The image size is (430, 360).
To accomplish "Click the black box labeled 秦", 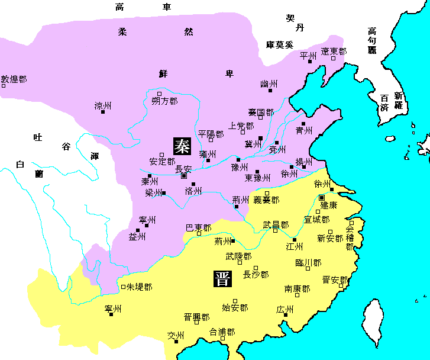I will coord(182,146).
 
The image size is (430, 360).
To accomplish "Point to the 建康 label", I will coord(329,205).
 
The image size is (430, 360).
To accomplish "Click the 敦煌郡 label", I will coord(14,79).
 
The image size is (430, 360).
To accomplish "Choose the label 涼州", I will coord(103,106).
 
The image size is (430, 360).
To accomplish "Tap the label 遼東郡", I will coord(334,52).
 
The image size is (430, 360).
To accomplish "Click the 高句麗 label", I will coord(372,40).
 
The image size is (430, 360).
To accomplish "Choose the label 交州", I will coord(176,336).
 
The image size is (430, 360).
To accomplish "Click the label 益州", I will coord(137,237).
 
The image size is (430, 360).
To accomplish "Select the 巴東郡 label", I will coord(198,227).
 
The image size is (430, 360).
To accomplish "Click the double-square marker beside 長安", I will coord(184,176).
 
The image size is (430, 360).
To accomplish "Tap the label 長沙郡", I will coord(256,275).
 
